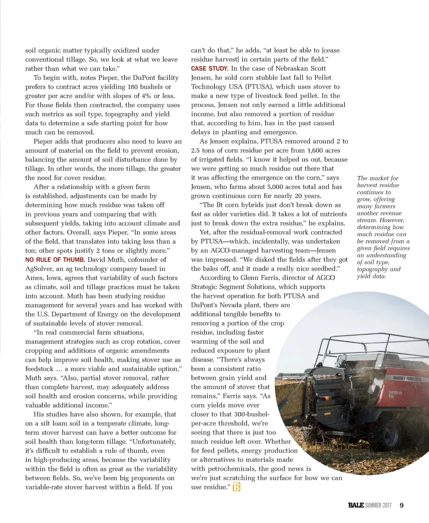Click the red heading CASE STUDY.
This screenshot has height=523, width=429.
(x=209, y=69)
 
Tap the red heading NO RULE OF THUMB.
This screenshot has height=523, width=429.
(x=55, y=260)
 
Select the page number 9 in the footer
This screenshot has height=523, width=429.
(x=401, y=505)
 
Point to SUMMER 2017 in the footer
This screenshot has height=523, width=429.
(x=378, y=505)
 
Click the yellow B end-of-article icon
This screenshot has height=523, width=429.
(x=237, y=487)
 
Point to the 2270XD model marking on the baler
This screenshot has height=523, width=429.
(x=395, y=393)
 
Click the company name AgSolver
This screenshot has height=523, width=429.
(x=40, y=269)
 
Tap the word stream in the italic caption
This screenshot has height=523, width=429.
(x=366, y=220)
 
